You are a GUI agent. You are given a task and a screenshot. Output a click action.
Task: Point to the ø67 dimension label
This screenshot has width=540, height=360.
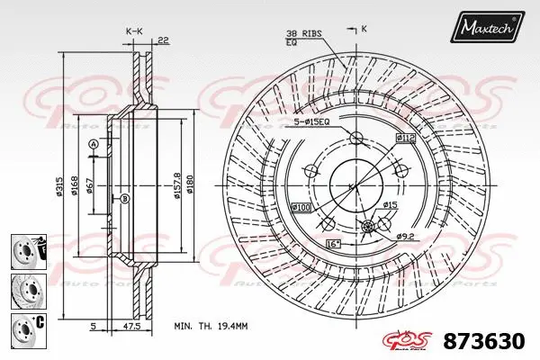[91, 187]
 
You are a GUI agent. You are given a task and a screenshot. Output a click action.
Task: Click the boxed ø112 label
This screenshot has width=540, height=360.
[404, 137]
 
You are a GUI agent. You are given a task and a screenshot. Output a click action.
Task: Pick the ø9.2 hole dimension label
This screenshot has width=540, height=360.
[406, 236]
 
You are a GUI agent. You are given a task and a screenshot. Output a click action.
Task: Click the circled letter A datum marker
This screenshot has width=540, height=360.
[92, 144]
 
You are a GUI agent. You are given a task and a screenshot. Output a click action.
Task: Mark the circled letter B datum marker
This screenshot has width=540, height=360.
[125, 198]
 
